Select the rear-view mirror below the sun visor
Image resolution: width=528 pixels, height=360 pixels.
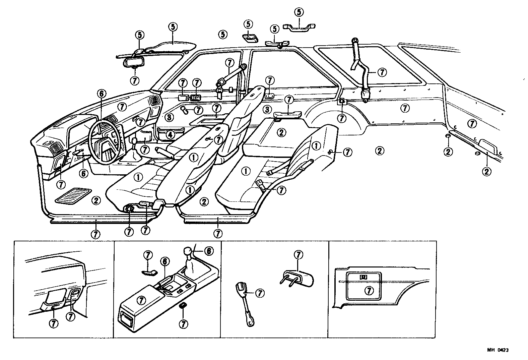click(x=134, y=62)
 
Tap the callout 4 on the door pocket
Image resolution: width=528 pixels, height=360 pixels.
click(x=171, y=135)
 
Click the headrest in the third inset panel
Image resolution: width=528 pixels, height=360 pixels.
click(x=300, y=278)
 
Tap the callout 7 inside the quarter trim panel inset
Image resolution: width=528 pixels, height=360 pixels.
click(x=369, y=291)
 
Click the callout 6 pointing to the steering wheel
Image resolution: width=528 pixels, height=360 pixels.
click(x=101, y=94)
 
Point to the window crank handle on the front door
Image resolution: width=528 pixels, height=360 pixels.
click(x=185, y=109)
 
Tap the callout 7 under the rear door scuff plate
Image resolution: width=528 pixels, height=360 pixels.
click(x=218, y=233)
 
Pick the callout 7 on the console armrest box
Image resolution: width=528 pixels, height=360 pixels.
click(x=142, y=300)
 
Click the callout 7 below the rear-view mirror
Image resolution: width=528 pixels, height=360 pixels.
click(x=135, y=80)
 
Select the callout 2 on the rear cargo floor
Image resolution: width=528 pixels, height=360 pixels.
click(x=379, y=151)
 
